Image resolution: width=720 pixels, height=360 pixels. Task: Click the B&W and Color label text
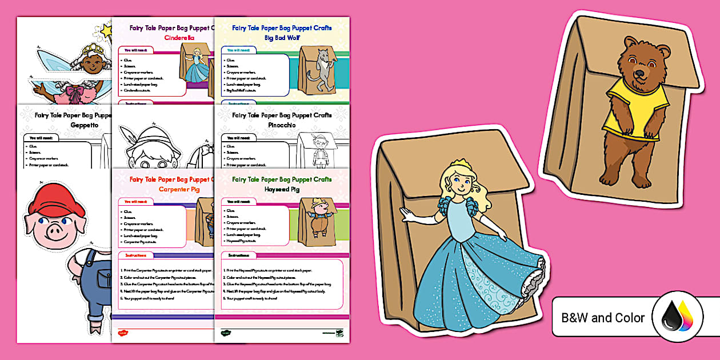click(x=603, y=318)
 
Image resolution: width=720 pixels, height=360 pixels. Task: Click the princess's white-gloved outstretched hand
click(x=407, y=214)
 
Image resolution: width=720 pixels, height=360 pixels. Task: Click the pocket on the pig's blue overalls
click(x=104, y=279)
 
